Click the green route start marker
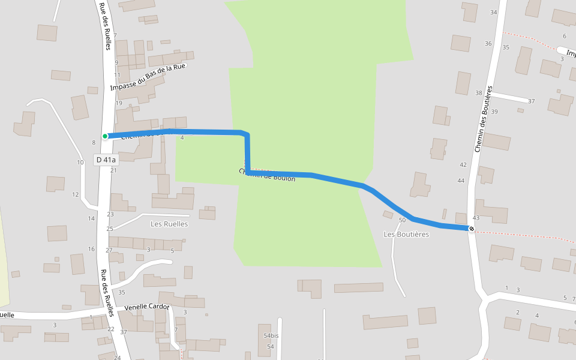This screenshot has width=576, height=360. tap(105, 136)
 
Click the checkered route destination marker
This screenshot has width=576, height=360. tap(472, 229)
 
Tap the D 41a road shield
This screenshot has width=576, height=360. tap(106, 160)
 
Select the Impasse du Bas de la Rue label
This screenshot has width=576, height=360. tap(149, 77)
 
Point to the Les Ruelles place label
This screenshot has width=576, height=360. tap(169, 224)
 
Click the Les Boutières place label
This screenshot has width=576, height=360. tap(406, 234)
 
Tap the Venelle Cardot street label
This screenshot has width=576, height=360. tap(147, 307)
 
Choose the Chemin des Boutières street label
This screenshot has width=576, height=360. tap(483, 119)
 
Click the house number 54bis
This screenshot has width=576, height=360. tap(271, 335)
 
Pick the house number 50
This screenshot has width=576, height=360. tap(402, 220)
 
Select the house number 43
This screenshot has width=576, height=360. tap(476, 218)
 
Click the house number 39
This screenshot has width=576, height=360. tap(494, 112)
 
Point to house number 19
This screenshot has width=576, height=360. tap(119, 103)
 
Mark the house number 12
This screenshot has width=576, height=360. tap(76, 194)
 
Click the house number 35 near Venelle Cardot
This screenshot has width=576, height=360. tap(122, 292)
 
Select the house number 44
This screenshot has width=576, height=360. tap(461, 181)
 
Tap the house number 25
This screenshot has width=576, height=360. tap(110, 229)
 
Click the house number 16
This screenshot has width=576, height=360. tap(91, 249)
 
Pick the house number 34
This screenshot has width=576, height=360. tap(494, 12)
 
